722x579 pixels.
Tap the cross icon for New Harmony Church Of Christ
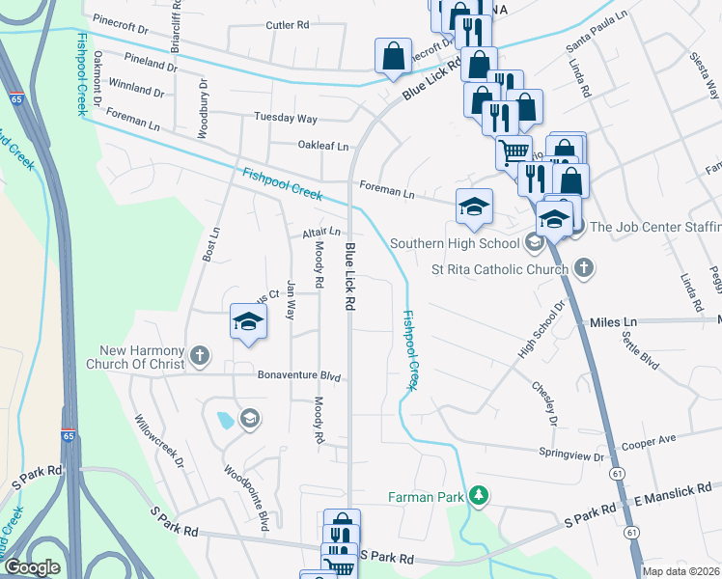pos(200,356)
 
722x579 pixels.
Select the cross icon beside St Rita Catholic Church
pos(583,266)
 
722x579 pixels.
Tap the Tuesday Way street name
pos(285,118)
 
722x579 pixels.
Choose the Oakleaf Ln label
pos(322,147)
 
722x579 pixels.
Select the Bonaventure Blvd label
pos(300,375)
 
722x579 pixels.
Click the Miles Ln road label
pos(614,320)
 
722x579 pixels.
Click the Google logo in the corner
pos(32,567)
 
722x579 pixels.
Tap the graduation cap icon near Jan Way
pos(248,322)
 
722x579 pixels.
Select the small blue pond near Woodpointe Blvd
pos(224,420)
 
